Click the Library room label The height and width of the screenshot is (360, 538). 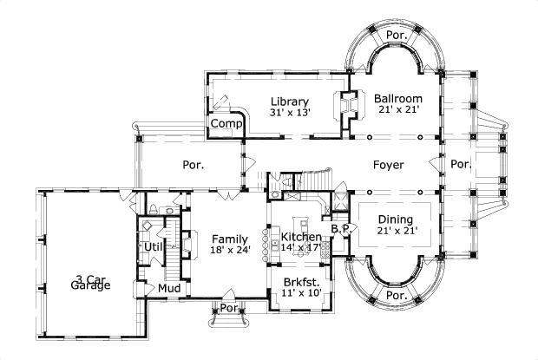pyautogui.click(x=289, y=101)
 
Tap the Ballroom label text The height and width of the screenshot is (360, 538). pyautogui.click(x=397, y=98)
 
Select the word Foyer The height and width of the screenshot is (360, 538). pyautogui.click(x=388, y=164)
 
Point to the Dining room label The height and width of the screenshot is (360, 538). pyautogui.click(x=395, y=219)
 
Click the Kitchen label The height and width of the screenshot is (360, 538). pyautogui.click(x=299, y=236)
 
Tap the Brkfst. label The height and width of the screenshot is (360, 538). pyautogui.click(x=302, y=282)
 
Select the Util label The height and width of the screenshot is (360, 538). pyautogui.click(x=153, y=247)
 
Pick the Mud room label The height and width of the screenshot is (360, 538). pyautogui.click(x=167, y=288)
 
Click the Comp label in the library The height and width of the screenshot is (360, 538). pyautogui.click(x=225, y=124)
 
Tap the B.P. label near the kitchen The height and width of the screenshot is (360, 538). pyautogui.click(x=339, y=229)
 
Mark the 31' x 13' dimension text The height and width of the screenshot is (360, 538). pyautogui.click(x=289, y=112)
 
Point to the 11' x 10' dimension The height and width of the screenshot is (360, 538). pyautogui.click(x=302, y=293)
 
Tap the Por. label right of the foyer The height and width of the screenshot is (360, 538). pyautogui.click(x=460, y=164)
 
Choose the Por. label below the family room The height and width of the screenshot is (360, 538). pyautogui.click(x=229, y=308)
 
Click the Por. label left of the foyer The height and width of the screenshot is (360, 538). pyautogui.click(x=193, y=164)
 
